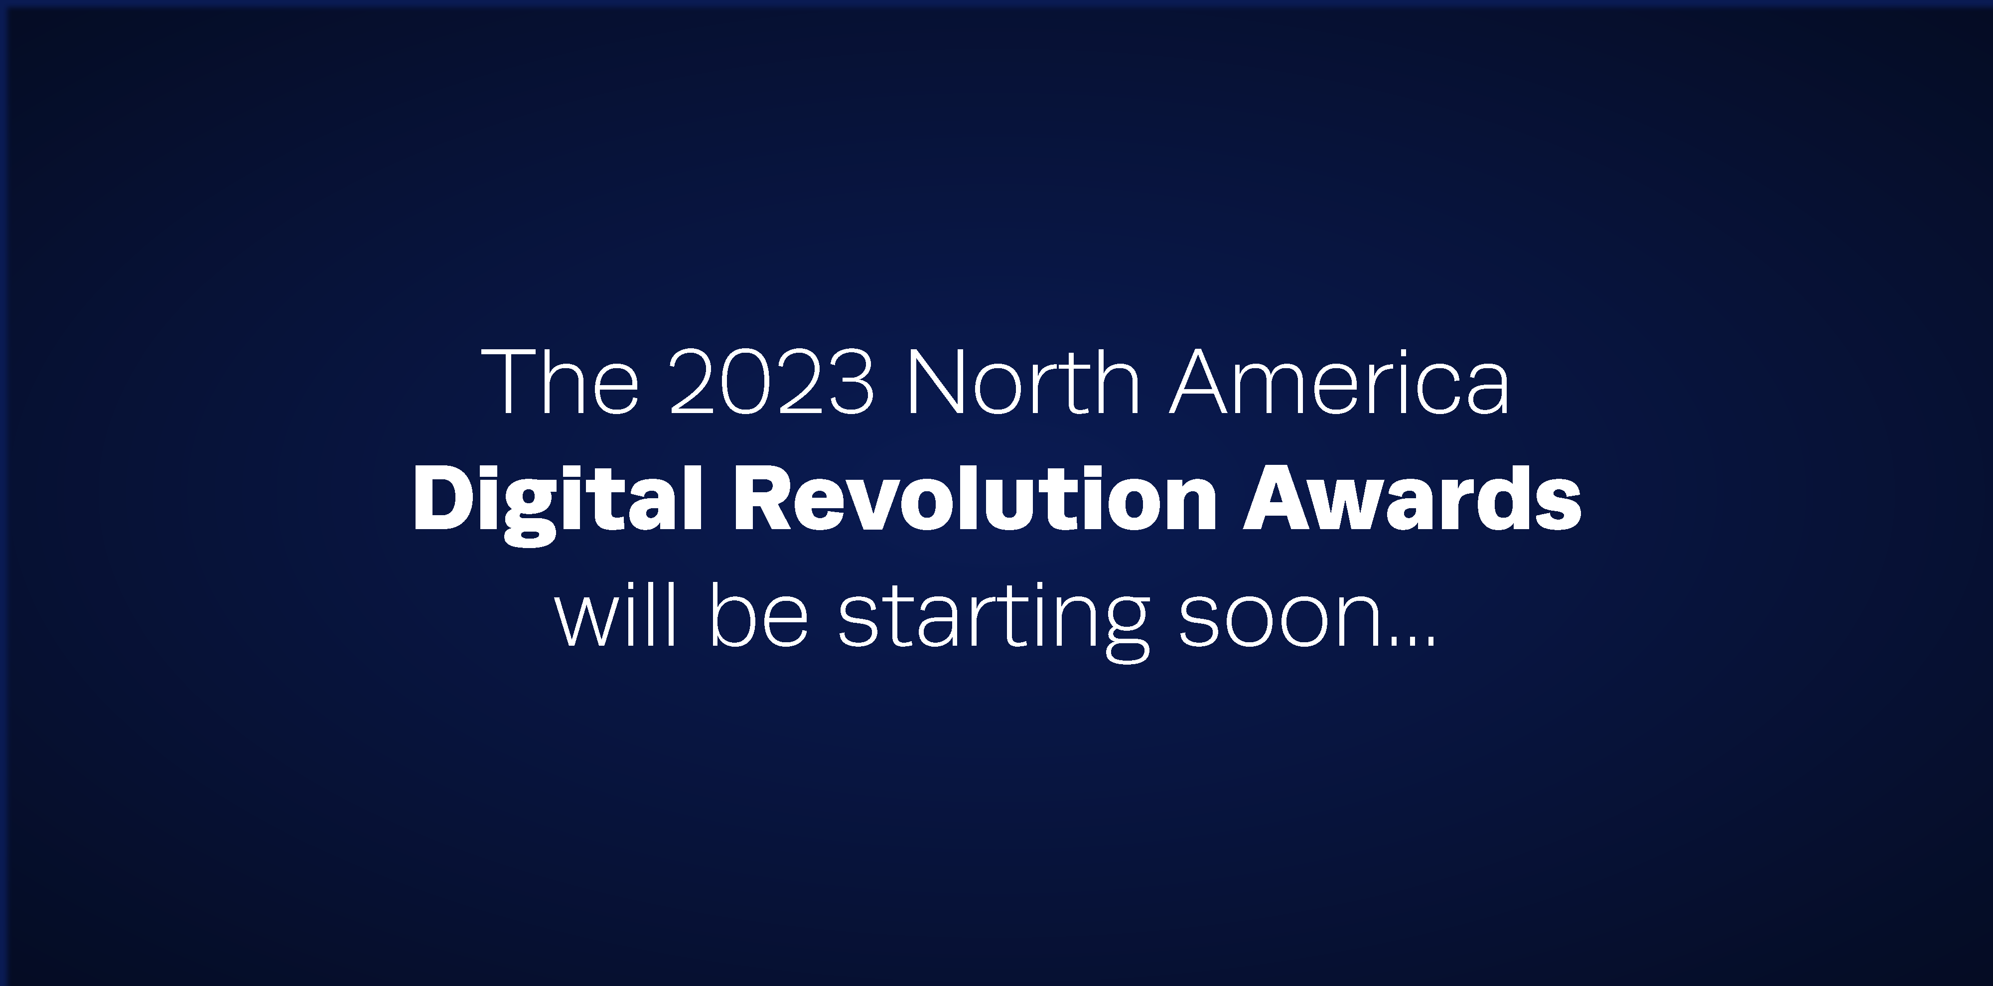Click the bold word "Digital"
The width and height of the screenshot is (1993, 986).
pos(557,502)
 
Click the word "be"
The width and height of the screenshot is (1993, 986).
pos(758,615)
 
